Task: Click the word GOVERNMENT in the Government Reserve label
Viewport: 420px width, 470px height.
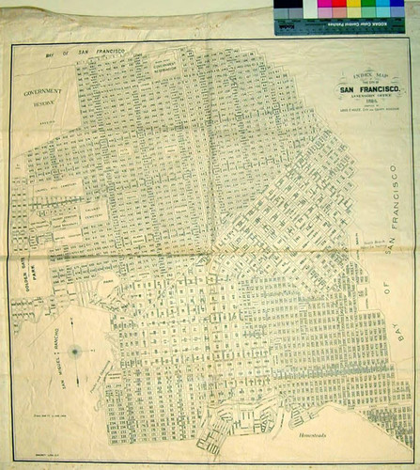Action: point(43,93)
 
